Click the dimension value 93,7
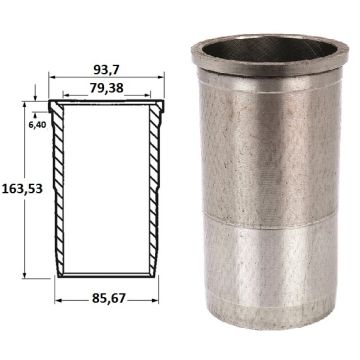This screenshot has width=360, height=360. click(107, 70)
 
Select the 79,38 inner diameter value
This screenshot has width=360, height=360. click(107, 88)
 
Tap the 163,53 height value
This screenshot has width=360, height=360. click(22, 189)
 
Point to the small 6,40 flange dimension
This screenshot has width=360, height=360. click(37, 125)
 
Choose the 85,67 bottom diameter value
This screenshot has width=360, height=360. click(109, 299)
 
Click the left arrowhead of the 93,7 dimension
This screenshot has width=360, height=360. click(52, 77)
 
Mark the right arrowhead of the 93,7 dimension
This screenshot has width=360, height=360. click(161, 77)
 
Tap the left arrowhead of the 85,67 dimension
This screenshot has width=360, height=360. click(58, 301)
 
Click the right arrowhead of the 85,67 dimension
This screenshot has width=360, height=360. click(155, 301)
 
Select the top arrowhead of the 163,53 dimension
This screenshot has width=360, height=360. click(24, 104)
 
